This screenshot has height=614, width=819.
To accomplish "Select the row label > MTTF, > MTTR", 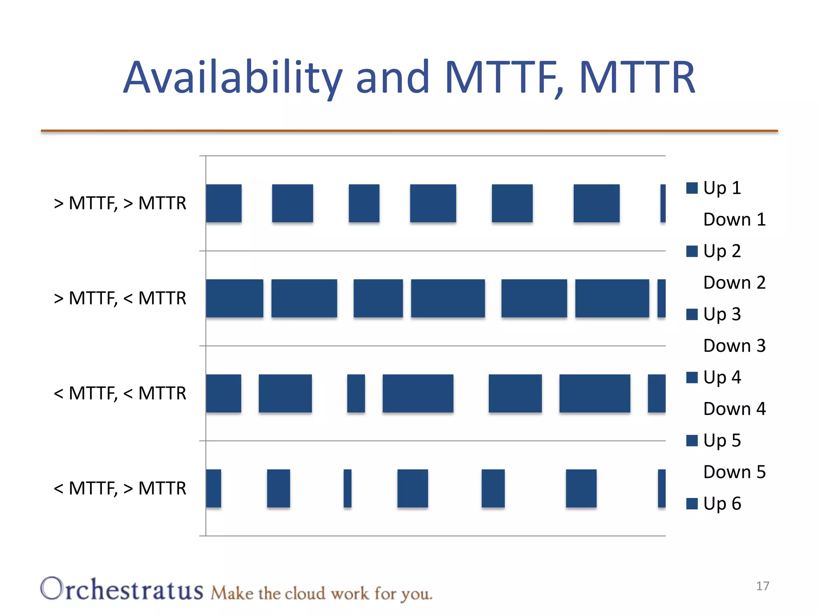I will click(x=120, y=203).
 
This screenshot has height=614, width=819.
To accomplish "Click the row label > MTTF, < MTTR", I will click(x=120, y=298).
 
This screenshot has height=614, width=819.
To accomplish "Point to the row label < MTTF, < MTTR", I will click(x=120, y=393).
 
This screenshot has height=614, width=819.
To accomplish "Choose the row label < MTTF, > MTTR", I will click(x=120, y=488).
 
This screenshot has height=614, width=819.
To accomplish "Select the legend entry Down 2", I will click(x=734, y=283).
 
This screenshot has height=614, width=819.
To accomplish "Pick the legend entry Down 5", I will click(x=734, y=472).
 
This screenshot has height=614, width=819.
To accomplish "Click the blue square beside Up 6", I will click(x=692, y=504).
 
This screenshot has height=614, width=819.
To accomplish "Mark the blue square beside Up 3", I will click(x=692, y=314).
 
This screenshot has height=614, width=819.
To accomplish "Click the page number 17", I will click(x=763, y=586).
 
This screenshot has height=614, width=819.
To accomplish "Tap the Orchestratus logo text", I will click(x=122, y=590).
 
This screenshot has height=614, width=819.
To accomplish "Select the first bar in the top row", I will click(x=224, y=203).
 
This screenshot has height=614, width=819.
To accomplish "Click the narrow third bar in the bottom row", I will click(x=348, y=488).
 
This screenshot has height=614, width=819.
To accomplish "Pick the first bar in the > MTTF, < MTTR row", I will click(x=234, y=298).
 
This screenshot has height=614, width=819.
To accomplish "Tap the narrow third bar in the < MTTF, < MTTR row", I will click(x=356, y=393).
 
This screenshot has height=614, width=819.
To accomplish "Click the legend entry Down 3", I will click(x=734, y=346).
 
